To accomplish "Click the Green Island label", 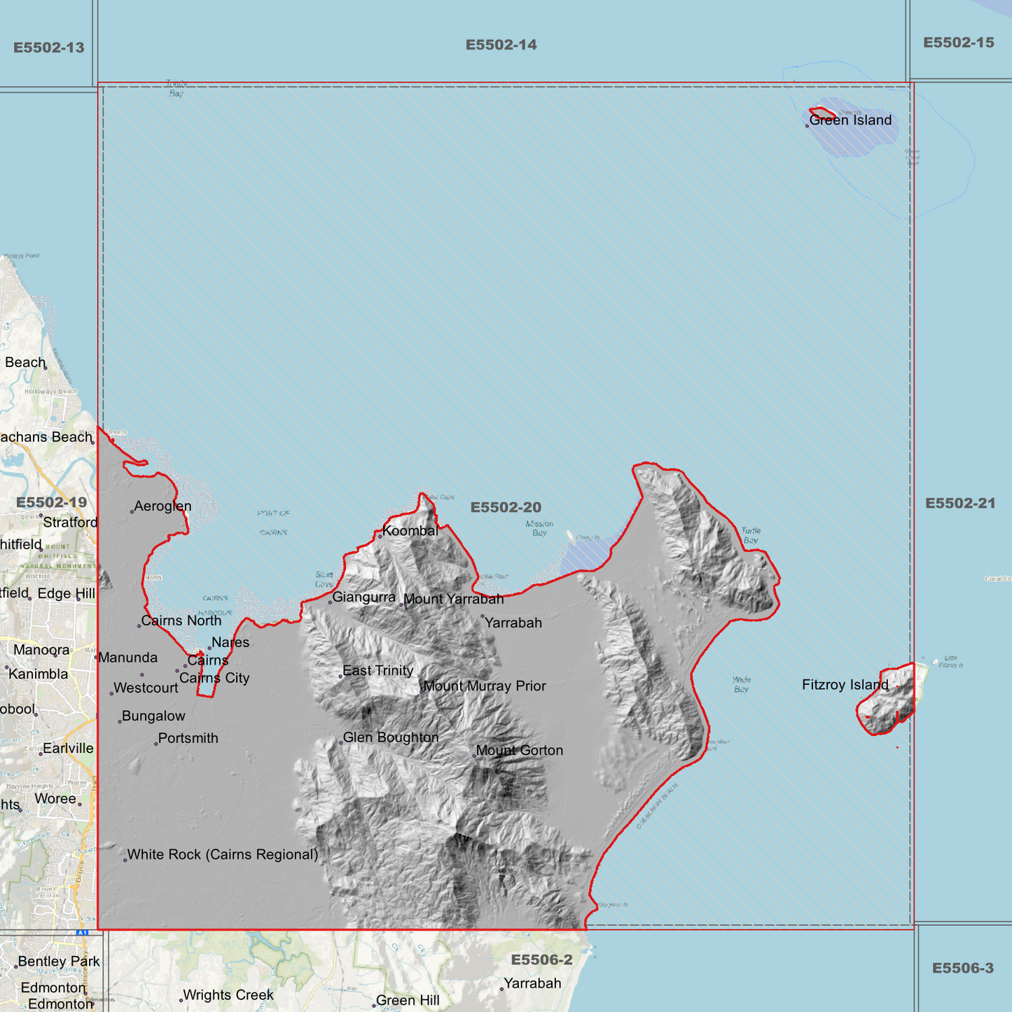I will pos(850,120).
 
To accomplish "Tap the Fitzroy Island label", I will pos(845,685).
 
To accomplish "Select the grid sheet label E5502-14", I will pos(501,45).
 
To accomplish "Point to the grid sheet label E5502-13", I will pos(49,48).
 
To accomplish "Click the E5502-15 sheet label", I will pos(958,43).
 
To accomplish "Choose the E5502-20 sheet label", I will pos(506,507).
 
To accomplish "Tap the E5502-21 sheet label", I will pos(959,504).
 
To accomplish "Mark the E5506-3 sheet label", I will pos(962,968).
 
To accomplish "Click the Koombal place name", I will pos(410,531).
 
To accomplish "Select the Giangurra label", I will pos(363,597).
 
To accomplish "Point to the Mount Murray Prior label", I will pos(485,686).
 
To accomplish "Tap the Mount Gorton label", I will pos(519,751).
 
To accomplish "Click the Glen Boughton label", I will pos(390,737).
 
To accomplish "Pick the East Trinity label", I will pos(377,671).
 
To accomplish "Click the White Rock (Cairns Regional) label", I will pos(222,854).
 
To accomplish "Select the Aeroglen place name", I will pos(162,506).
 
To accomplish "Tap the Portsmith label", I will pos(188,738).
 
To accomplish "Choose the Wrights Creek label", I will pos(228,995).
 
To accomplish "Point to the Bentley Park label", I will pos(59,962).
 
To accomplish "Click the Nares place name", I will pos(230,643).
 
